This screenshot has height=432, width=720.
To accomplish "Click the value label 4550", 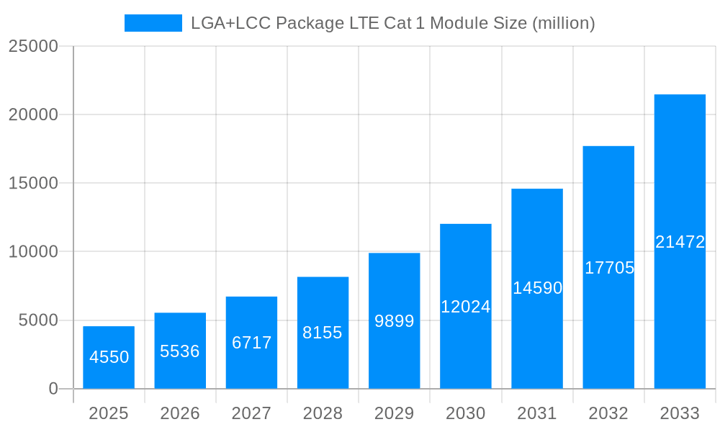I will [x=109, y=357].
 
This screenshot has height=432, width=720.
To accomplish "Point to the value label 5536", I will [x=180, y=351].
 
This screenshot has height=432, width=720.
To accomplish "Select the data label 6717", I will [x=251, y=343].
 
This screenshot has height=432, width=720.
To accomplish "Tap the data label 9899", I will [x=394, y=321].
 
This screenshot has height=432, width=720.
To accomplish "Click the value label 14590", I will [x=537, y=288].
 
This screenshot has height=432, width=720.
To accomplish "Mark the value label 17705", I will [x=609, y=268].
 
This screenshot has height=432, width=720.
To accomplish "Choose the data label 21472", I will [x=680, y=242].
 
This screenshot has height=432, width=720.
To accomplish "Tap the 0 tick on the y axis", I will [x=53, y=389].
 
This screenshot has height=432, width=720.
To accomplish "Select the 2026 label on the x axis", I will [x=180, y=413].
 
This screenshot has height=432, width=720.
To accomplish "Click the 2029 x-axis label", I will [x=394, y=413].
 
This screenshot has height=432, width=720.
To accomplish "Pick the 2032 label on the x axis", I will [x=608, y=413].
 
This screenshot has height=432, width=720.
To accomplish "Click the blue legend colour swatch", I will [x=153, y=23].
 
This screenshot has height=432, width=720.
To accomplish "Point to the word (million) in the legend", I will [x=563, y=23].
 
